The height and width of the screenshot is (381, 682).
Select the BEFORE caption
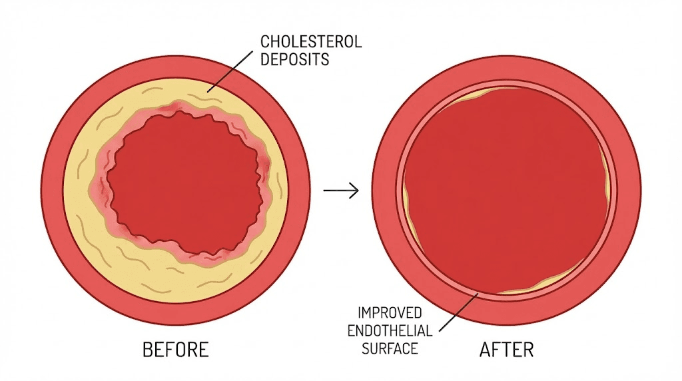pos(176,350)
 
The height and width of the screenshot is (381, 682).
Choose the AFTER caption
pos(507,350)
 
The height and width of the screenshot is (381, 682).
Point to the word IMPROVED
pos(391,312)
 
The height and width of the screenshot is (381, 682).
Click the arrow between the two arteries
pos(341,190)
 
